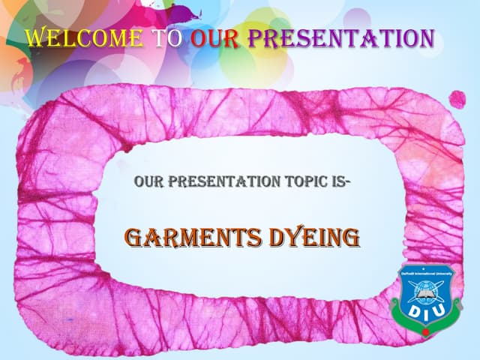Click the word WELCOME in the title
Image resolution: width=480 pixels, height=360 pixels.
point(84,37)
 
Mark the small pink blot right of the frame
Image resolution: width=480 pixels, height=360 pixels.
point(456,98)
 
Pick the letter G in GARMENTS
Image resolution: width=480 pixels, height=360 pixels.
point(135,238)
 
